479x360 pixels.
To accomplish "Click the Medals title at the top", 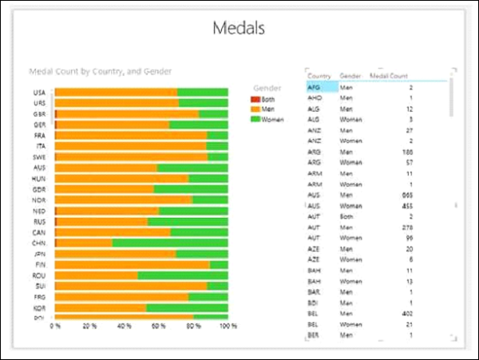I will (x=239, y=28).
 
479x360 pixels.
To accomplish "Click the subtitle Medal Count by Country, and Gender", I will (x=101, y=71).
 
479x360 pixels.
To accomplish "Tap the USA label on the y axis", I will (x=39, y=92).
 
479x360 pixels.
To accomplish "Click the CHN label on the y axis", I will (x=39, y=243).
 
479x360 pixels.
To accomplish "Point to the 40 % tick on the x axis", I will (x=124, y=326).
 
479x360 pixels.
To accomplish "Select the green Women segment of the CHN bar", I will (x=169, y=243).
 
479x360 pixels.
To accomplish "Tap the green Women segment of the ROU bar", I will (x=183, y=275).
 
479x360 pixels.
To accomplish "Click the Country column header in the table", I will (x=319, y=75).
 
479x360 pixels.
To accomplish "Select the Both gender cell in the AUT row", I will (x=346, y=216).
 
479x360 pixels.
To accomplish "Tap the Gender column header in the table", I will (x=350, y=75).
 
